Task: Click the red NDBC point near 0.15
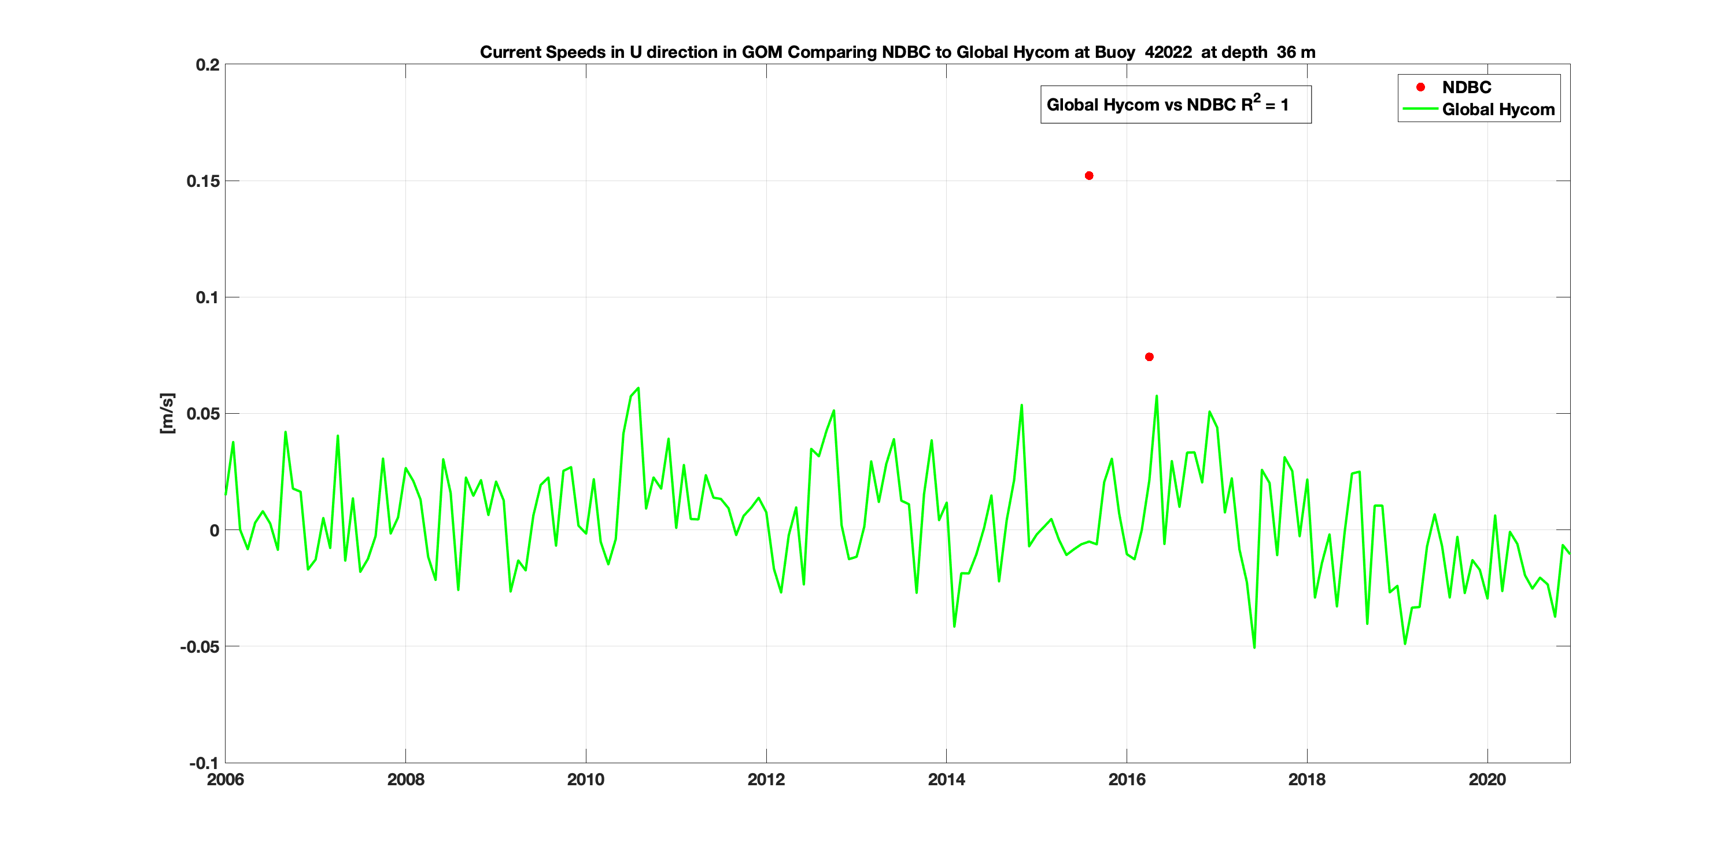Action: tap(1089, 176)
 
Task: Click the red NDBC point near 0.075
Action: tap(1149, 357)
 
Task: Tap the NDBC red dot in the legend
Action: tap(1420, 87)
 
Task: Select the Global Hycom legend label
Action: tap(1498, 110)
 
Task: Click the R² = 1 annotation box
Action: tap(1175, 104)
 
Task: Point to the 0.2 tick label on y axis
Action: tap(208, 65)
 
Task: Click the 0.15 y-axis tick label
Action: tap(204, 181)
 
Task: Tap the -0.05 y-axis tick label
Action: tap(200, 647)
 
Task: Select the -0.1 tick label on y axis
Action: tap(204, 763)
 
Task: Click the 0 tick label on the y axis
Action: tap(214, 530)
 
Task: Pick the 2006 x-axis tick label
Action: tap(226, 779)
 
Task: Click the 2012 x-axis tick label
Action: tap(766, 779)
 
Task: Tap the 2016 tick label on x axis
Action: tap(1127, 779)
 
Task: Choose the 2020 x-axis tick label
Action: tap(1487, 779)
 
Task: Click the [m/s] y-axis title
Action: tap(167, 413)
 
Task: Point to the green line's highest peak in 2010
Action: tap(638, 388)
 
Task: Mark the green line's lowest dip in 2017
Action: tap(1254, 648)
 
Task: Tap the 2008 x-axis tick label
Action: tap(405, 779)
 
